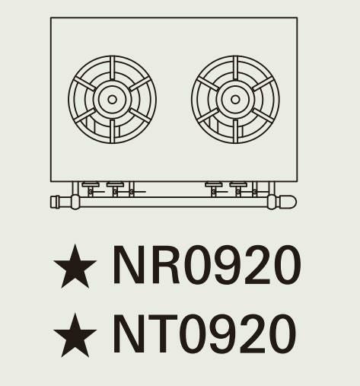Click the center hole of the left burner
[112, 100]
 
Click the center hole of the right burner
[235, 100]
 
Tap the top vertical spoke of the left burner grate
[112, 68]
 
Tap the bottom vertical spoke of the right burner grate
[235, 131]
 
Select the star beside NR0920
[75, 267]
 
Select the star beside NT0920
[75, 336]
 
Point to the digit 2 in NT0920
[250, 333]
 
